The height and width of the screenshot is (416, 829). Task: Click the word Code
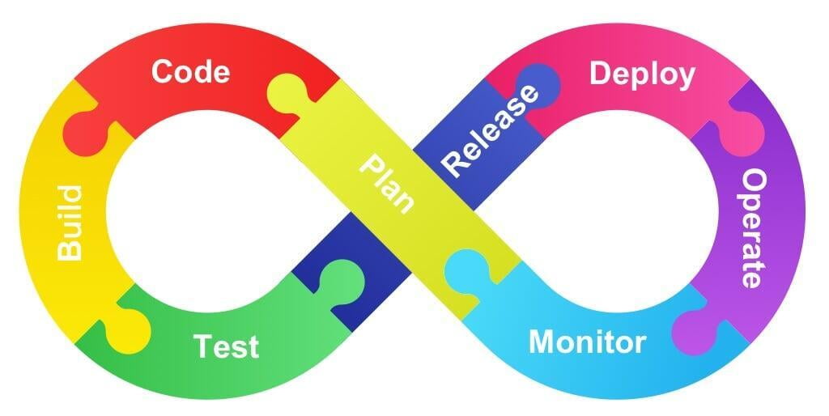190,72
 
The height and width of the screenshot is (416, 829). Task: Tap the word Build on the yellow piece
70,223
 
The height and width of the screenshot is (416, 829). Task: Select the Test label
226,346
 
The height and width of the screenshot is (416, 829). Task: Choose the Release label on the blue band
491,129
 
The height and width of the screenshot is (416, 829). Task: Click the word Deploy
642,74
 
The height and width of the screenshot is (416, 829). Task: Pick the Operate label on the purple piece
753,228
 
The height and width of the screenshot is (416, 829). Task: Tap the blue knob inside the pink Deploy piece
539,83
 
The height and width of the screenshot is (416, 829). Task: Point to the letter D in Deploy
599,74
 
